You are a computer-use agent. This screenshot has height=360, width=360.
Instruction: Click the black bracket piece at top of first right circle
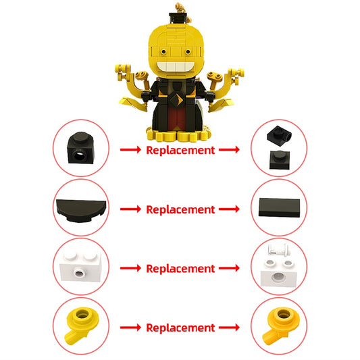click(x=278, y=134)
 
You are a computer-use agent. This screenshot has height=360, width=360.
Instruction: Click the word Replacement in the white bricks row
click(x=180, y=268)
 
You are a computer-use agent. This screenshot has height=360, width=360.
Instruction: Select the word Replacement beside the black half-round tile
click(x=180, y=209)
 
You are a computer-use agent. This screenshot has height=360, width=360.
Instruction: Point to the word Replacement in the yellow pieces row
click(x=180, y=328)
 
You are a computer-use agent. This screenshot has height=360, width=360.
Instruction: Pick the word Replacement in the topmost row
click(x=180, y=150)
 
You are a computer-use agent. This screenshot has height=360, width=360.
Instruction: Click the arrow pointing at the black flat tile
click(x=228, y=209)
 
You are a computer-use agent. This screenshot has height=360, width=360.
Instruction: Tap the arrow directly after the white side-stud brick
click(x=130, y=268)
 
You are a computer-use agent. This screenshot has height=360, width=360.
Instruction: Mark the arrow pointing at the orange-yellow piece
click(x=228, y=328)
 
